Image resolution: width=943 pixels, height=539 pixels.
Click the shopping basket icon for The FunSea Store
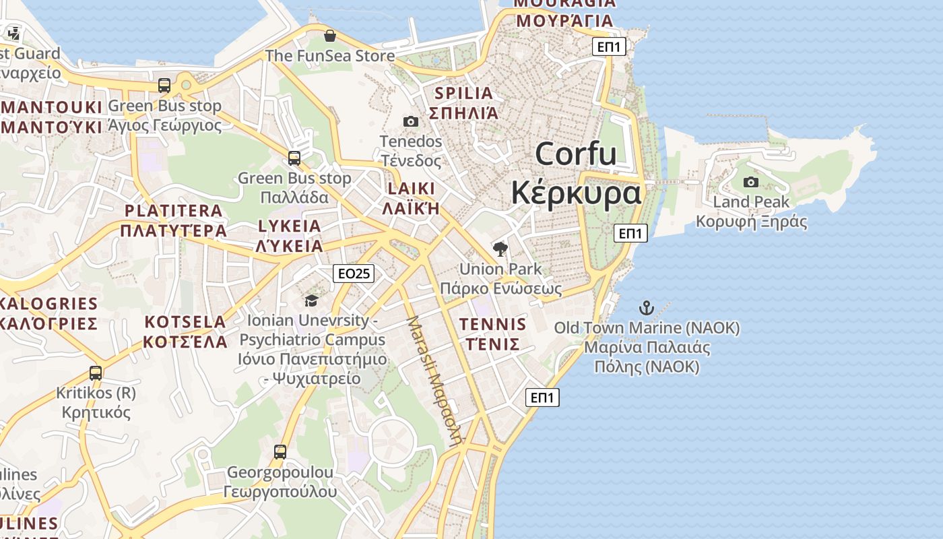[x=329, y=36]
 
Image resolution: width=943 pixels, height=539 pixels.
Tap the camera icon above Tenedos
[x=410, y=121]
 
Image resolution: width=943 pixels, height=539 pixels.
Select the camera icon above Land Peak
[x=750, y=182]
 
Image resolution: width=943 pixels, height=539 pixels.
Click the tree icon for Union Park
[x=500, y=249]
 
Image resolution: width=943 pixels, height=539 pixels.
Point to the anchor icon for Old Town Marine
[x=646, y=308]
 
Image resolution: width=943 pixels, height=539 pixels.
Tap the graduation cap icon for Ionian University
[x=311, y=300]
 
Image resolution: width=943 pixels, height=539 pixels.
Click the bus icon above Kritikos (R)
[x=96, y=373]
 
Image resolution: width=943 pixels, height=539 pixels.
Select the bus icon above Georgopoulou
[x=280, y=452]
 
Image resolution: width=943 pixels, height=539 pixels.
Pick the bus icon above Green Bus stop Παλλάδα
[x=294, y=158]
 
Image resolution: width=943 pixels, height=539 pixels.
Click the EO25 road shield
[x=354, y=274]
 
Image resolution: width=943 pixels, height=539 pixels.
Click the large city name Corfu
[x=576, y=154]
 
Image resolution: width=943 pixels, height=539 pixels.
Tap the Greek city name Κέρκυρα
[x=576, y=193]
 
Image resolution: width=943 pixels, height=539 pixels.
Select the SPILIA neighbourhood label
[x=464, y=93]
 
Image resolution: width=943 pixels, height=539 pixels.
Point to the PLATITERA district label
[x=174, y=210]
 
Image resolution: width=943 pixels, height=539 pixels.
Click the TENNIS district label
[x=492, y=324]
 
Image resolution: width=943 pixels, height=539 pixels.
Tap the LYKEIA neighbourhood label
[x=289, y=226]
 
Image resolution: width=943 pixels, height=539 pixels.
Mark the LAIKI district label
[x=411, y=188]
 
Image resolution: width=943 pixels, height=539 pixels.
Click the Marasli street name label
[x=435, y=381]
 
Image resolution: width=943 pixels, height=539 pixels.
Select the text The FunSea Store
[x=329, y=55]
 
